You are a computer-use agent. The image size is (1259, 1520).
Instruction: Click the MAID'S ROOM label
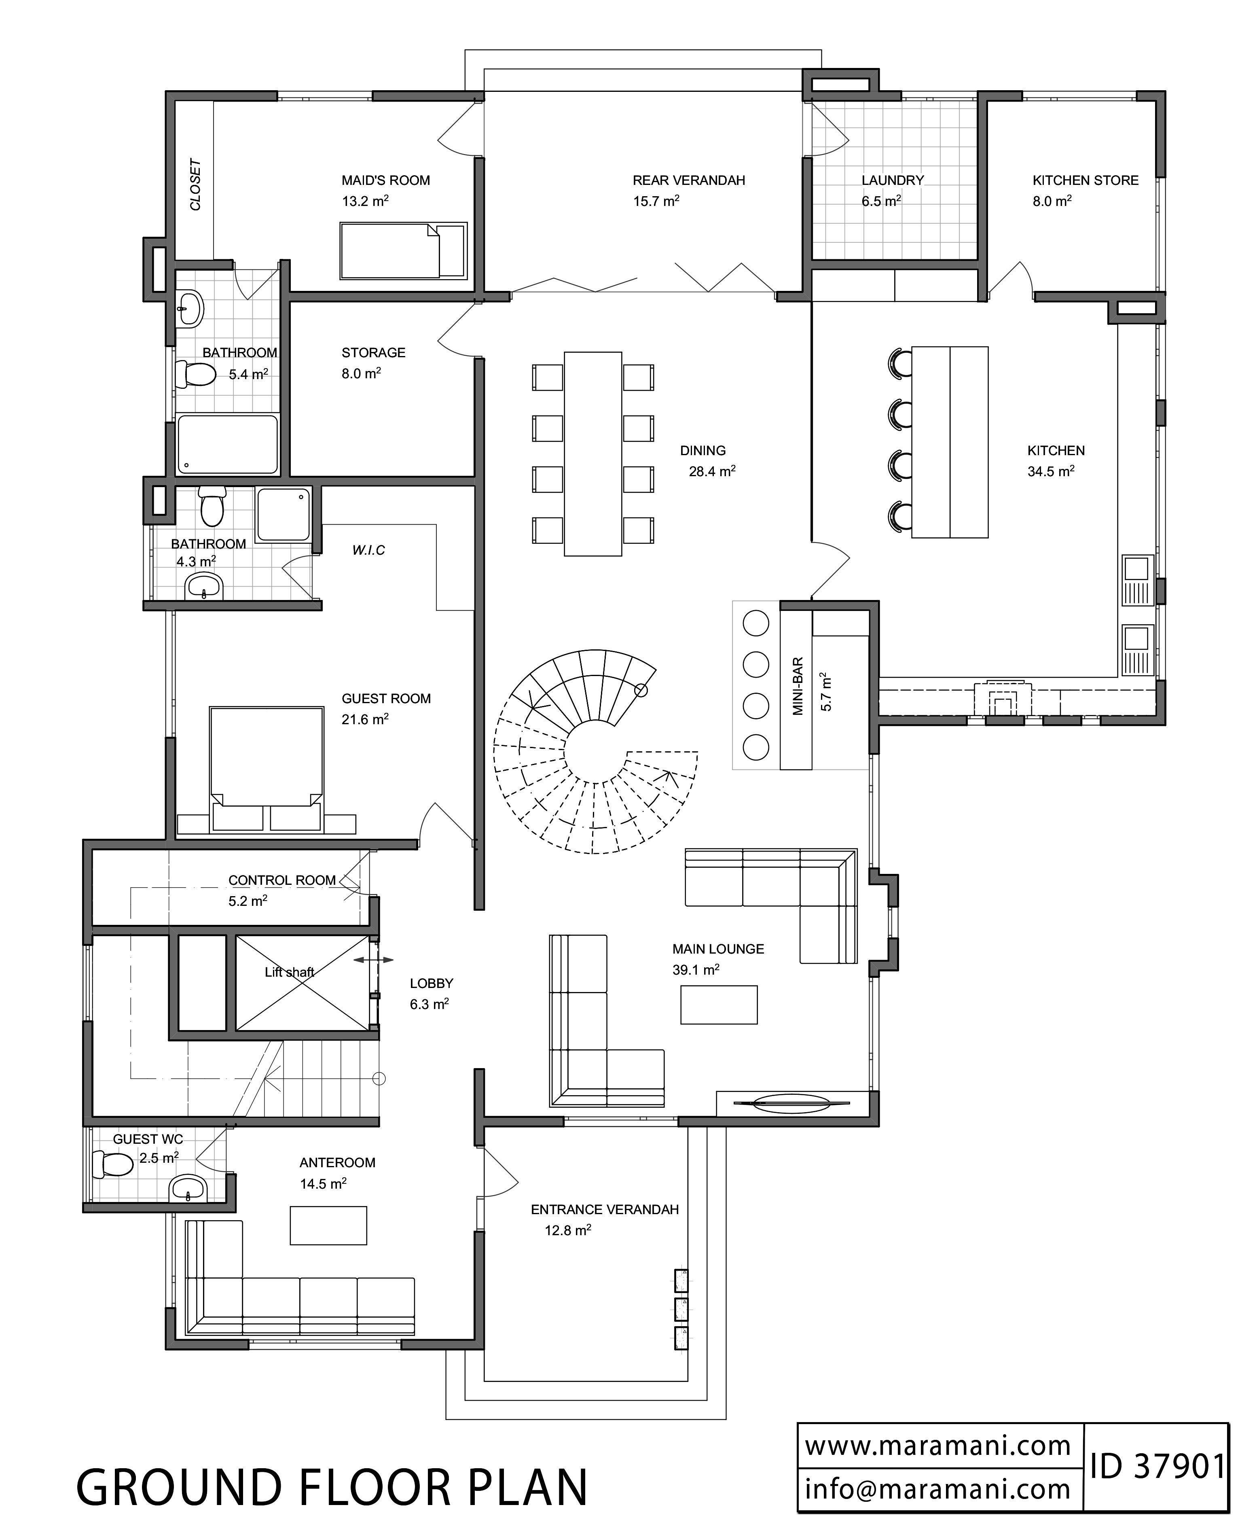pyautogui.click(x=386, y=180)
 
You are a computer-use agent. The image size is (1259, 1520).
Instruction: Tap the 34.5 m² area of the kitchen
pyautogui.click(x=1051, y=471)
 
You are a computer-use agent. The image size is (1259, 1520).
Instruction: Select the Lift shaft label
pyautogui.click(x=290, y=972)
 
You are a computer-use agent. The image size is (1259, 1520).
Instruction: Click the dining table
pyautogui.click(x=592, y=454)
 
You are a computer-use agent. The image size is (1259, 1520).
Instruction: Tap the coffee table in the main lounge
pyautogui.click(x=719, y=1005)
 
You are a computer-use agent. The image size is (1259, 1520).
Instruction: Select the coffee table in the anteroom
pyautogui.click(x=328, y=1225)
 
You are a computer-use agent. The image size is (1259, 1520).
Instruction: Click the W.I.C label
pyautogui.click(x=368, y=550)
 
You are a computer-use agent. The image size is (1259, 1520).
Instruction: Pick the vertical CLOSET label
pyautogui.click(x=195, y=184)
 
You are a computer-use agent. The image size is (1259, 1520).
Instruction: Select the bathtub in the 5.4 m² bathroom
pyautogui.click(x=227, y=444)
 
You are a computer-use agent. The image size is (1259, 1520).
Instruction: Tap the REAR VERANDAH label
pyautogui.click(x=689, y=180)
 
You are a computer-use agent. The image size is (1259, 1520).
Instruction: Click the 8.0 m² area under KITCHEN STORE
pyautogui.click(x=1052, y=201)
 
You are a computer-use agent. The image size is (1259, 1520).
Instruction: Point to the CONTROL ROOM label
pyautogui.click(x=282, y=880)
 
